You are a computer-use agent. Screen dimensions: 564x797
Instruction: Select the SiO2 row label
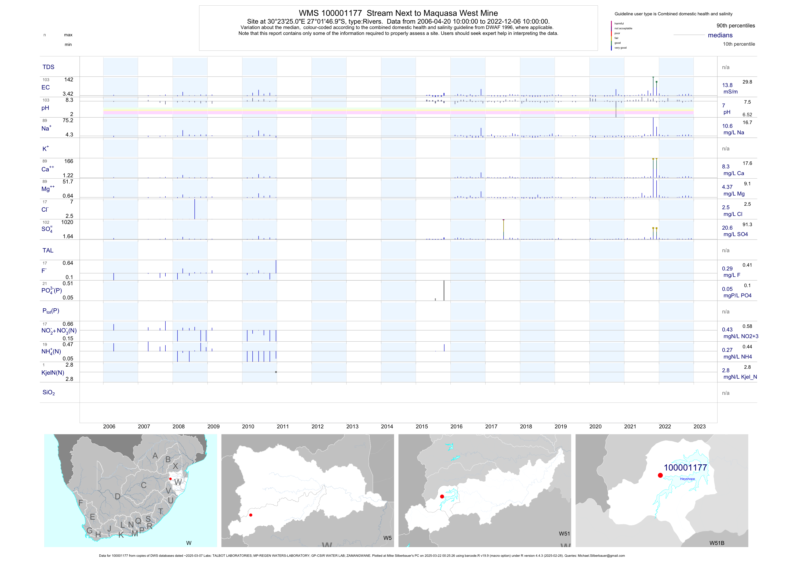click(x=49, y=392)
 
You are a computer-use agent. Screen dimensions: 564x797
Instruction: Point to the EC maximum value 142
click(x=69, y=79)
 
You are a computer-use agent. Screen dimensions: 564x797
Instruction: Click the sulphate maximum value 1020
click(x=67, y=222)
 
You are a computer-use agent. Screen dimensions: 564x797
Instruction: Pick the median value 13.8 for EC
click(x=727, y=85)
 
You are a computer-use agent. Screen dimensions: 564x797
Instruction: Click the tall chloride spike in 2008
click(x=195, y=209)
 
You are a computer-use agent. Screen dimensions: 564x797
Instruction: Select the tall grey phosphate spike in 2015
click(x=444, y=290)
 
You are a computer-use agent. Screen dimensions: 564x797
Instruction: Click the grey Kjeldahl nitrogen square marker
click(x=276, y=372)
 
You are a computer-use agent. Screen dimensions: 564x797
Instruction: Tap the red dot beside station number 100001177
click(x=660, y=475)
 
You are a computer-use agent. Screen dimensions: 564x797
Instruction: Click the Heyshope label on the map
click(x=687, y=479)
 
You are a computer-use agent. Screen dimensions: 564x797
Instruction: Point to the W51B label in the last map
click(x=717, y=543)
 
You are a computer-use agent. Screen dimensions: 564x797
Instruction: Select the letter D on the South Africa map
click(x=118, y=497)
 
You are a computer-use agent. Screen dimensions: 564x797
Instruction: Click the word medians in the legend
click(x=720, y=35)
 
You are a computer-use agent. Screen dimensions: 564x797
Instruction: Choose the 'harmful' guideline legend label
click(x=619, y=24)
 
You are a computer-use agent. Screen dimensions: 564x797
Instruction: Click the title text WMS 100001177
click(x=330, y=13)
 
